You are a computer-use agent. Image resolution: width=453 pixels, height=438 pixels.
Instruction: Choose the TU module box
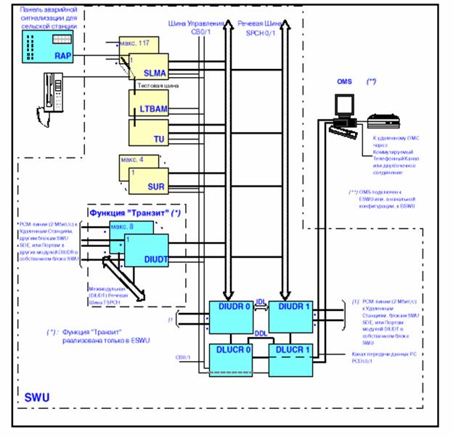pos(149,133)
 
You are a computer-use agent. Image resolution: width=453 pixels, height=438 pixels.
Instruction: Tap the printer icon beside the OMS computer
pos(382,120)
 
